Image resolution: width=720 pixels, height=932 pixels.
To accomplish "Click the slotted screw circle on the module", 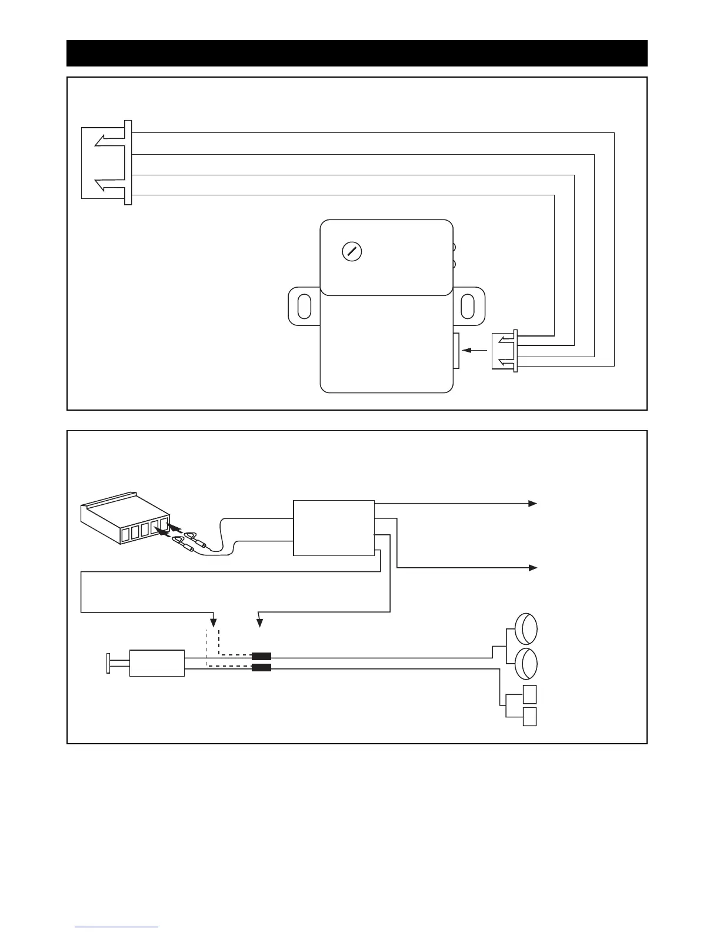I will point(352,251).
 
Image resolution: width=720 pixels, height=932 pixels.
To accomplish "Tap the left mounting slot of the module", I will point(305,306).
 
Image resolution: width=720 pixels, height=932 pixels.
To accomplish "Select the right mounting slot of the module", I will point(468,306).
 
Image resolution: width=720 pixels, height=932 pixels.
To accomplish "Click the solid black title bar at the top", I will point(357,54).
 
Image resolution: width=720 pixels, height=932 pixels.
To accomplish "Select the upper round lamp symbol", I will point(526,629).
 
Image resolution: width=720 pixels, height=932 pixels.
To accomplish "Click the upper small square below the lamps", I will point(529,695).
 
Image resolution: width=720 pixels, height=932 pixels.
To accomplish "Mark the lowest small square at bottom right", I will point(529,717).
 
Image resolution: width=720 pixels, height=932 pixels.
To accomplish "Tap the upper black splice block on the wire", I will point(261,657).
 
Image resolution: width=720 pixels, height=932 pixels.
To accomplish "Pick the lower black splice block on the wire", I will point(261,668).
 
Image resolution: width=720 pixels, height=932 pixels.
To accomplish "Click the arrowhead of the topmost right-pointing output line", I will point(532,504).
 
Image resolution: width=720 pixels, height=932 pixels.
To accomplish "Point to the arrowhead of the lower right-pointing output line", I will point(532,568).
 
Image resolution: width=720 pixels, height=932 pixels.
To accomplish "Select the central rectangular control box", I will point(334,528).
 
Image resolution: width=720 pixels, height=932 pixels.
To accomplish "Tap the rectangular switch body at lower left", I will point(157,663).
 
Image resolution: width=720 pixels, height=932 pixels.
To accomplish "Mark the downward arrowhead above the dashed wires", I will point(214,623).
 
